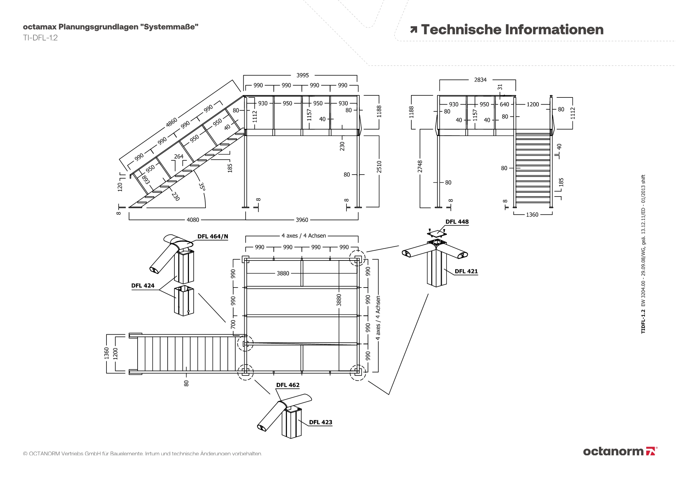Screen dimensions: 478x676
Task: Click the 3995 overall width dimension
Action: (303, 75)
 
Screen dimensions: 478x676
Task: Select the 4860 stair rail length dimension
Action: (172, 122)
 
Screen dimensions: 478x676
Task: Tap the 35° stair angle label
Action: (202, 187)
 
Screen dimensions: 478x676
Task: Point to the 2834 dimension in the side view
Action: (480, 80)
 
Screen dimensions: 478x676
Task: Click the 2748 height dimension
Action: (420, 166)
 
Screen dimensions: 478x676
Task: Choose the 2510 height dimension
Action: (379, 167)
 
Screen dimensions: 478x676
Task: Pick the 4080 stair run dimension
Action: (193, 220)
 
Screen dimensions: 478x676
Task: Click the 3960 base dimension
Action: (302, 220)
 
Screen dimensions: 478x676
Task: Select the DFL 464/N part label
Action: (213, 236)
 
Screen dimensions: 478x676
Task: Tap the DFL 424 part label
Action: (143, 286)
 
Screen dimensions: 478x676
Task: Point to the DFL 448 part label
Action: (457, 222)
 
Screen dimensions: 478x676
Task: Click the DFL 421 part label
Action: (466, 271)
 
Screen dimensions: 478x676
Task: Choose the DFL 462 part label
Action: (288, 385)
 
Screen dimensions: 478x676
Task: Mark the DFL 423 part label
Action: (320, 422)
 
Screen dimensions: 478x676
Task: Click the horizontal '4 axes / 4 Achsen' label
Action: (304, 236)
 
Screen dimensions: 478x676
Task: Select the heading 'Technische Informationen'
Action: (512, 30)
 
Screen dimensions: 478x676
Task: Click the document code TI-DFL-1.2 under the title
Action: (40, 38)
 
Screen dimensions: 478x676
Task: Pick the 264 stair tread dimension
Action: (178, 157)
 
